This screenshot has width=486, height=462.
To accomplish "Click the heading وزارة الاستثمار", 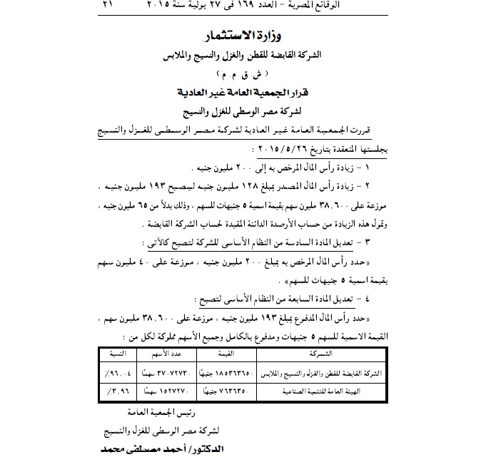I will pyautogui.click(x=243, y=36).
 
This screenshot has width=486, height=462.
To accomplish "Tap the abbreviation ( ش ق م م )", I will pyautogui.click(x=243, y=74).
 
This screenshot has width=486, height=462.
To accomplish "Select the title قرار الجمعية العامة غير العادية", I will pyautogui.click(x=243, y=93).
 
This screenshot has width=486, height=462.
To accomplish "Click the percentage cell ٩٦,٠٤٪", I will pyautogui.click(x=115, y=371).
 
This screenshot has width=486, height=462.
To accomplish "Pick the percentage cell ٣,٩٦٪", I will pyautogui.click(x=115, y=391).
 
